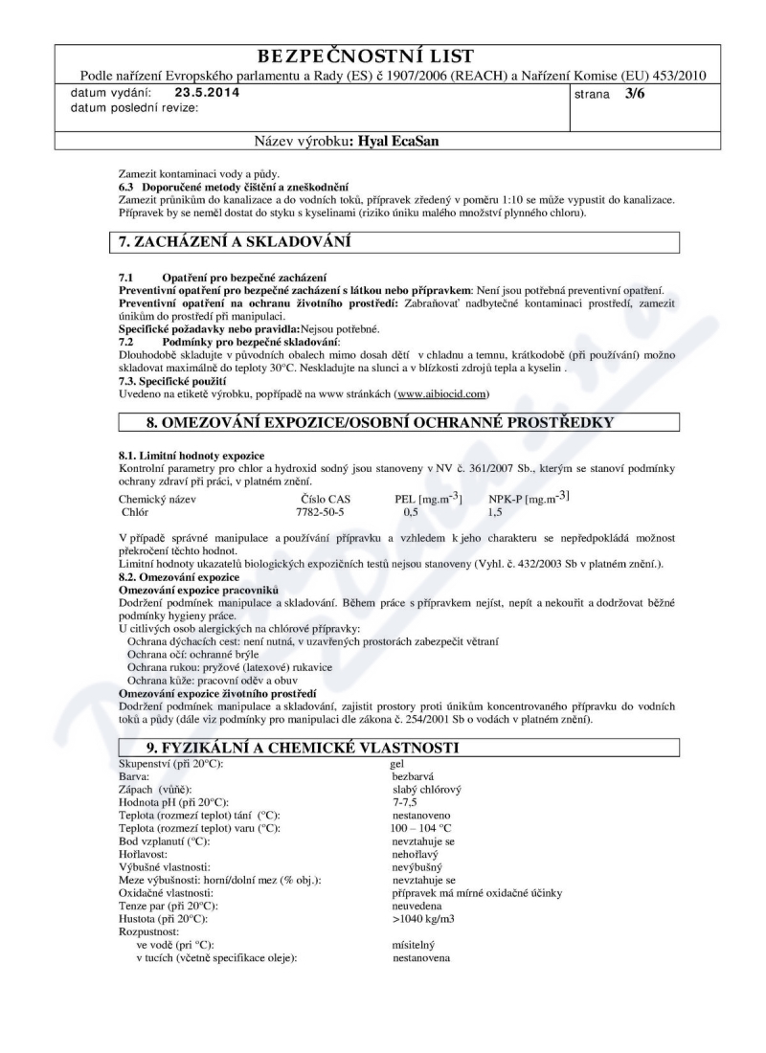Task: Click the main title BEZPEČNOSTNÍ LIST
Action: tap(383, 56)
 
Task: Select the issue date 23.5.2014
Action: tap(208, 93)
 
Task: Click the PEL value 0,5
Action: tap(410, 512)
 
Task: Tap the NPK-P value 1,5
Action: tap(495, 512)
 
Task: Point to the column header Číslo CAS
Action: tap(326, 499)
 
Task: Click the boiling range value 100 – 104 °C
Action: tap(420, 827)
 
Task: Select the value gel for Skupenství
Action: tap(397, 763)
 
